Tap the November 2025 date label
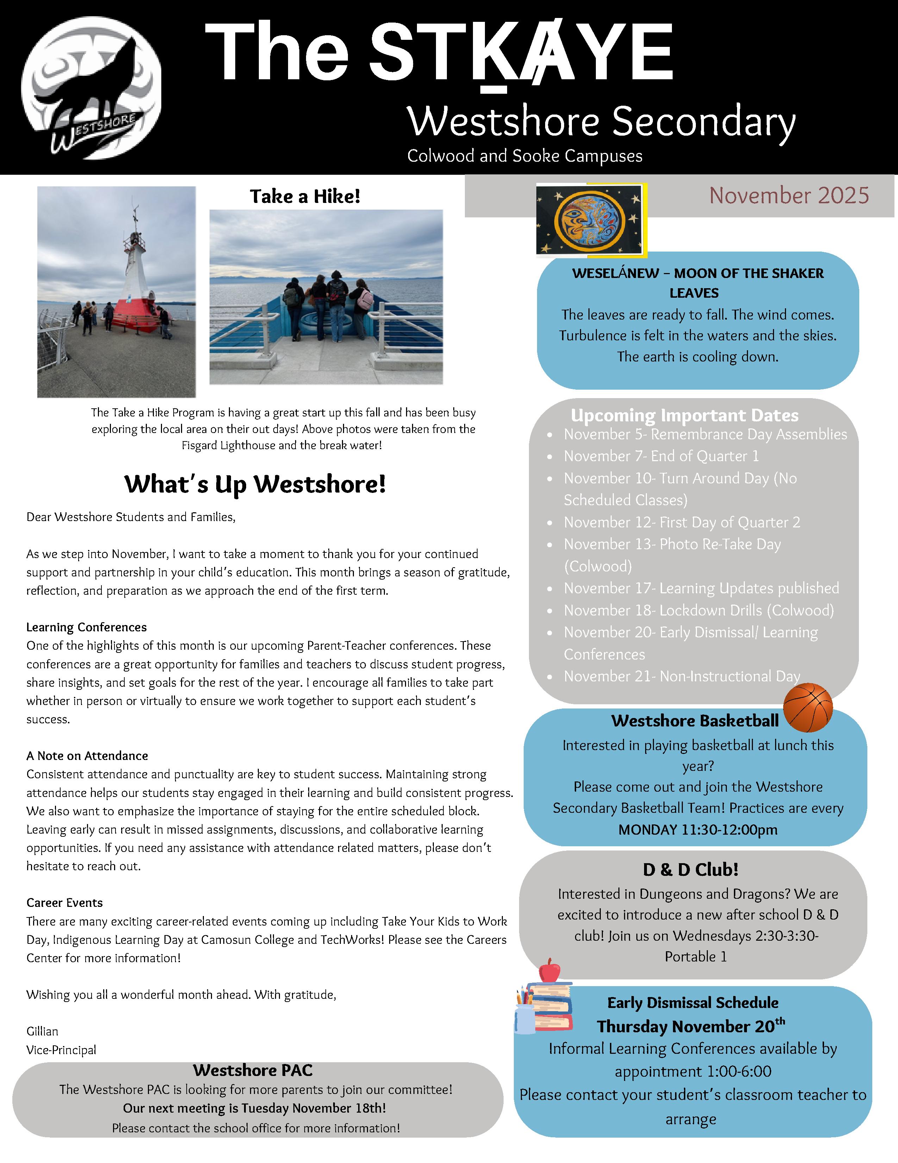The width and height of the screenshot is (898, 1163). tap(788, 196)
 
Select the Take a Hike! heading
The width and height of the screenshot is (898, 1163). tap(305, 197)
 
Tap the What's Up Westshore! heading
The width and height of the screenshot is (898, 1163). tap(255, 484)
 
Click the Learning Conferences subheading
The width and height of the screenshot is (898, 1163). tap(86, 627)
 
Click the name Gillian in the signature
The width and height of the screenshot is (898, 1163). tap(42, 1032)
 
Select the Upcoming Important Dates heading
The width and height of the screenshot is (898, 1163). tap(684, 415)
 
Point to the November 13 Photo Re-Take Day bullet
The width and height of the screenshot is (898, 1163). tap(672, 545)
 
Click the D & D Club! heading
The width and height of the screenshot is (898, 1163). tap(690, 870)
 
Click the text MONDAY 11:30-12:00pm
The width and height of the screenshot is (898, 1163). tap(697, 830)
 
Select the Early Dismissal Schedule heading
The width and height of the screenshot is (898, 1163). tap(693, 1003)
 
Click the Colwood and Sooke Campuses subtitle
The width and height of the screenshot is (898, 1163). tap(524, 156)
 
